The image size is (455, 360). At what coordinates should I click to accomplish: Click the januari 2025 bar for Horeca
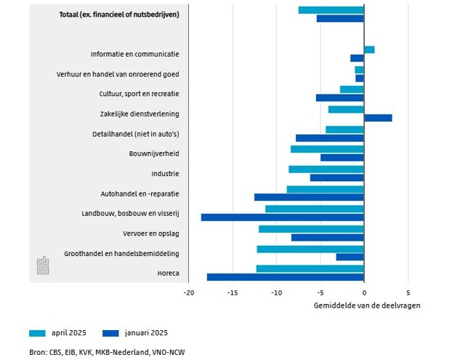pyautogui.click(x=285, y=277)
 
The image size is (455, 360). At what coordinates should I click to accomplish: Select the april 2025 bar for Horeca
pyautogui.click(x=310, y=269)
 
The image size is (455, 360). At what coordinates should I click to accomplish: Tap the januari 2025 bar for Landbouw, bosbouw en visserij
pyautogui.click(x=282, y=217)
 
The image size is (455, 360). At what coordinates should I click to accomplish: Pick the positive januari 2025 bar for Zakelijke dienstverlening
pyautogui.click(x=378, y=117)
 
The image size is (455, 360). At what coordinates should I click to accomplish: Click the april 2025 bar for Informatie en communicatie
pyautogui.click(x=369, y=49)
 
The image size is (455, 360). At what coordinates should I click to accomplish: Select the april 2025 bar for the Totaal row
pyautogui.click(x=331, y=9)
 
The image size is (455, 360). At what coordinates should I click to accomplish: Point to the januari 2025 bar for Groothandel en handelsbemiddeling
pyautogui.click(x=350, y=257)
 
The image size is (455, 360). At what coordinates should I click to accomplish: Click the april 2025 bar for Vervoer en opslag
pyautogui.click(x=311, y=229)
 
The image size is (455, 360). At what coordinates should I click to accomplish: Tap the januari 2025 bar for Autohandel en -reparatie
pyautogui.click(x=309, y=197)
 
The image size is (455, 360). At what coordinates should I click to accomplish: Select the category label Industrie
pyautogui.click(x=165, y=174)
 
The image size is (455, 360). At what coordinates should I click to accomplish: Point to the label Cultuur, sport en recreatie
pyautogui.click(x=139, y=94)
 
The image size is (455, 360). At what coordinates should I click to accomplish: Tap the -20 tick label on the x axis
pyautogui.click(x=188, y=293)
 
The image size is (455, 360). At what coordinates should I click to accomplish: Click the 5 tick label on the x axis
pyautogui.click(x=408, y=293)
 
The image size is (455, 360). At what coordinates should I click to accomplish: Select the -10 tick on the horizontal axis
pyautogui.click(x=276, y=293)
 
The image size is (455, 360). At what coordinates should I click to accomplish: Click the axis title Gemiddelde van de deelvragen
pyautogui.click(x=367, y=305)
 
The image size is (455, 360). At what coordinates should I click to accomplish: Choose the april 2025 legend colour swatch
pyautogui.click(x=37, y=333)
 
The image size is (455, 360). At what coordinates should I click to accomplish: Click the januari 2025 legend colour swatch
pyautogui.click(x=113, y=333)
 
